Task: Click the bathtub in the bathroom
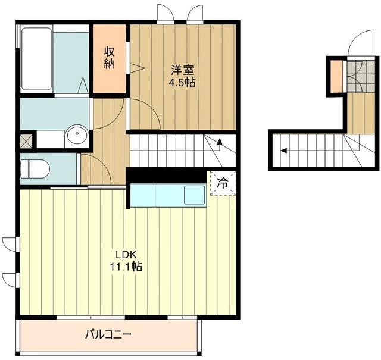tap(36, 58)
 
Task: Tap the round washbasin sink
tap(77, 134)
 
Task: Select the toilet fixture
tap(35, 168)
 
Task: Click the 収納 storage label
tap(110, 58)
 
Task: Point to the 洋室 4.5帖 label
tap(183, 76)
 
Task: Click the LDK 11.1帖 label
tap(126, 261)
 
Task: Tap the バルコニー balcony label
tap(108, 335)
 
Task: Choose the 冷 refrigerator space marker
tap(223, 183)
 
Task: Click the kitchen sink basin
tap(195, 195)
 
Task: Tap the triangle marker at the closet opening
tap(138, 68)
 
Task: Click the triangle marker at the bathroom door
tap(83, 85)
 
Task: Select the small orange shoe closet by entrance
tap(336, 76)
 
